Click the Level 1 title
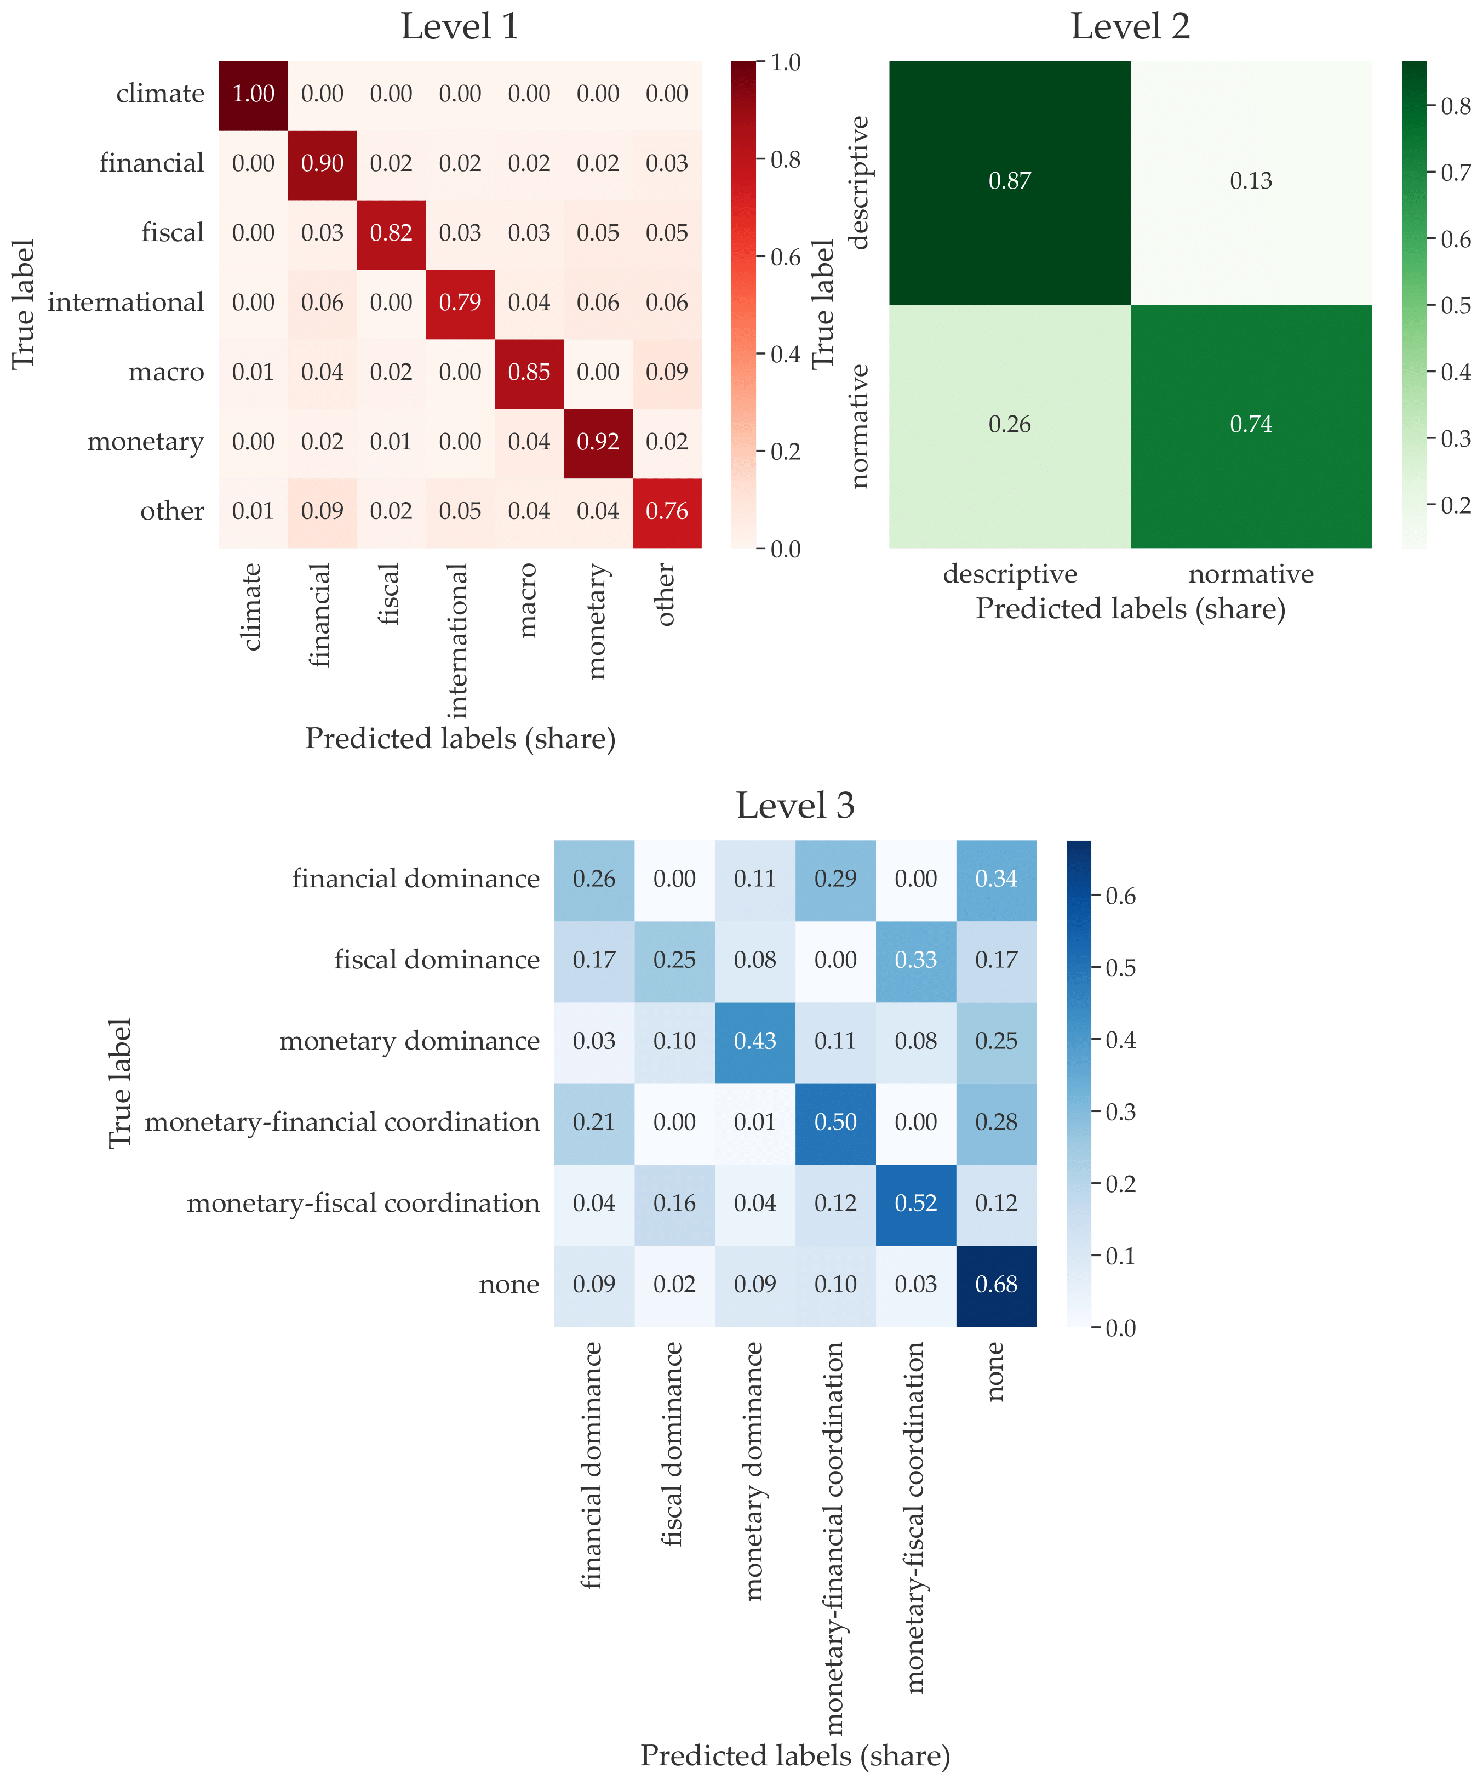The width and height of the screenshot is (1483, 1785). click(x=460, y=26)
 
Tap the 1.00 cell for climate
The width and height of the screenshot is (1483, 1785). click(x=253, y=94)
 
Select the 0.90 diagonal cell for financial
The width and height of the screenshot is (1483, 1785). click(x=322, y=163)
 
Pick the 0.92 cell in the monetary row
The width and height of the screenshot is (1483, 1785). click(x=598, y=441)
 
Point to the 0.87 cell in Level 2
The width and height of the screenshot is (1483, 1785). click(x=1010, y=181)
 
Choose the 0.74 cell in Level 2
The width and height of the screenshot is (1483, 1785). click(x=1251, y=424)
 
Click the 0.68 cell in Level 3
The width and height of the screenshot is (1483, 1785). click(x=996, y=1284)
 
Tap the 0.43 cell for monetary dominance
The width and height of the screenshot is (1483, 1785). click(x=755, y=1041)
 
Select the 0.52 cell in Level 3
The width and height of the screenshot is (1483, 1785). click(x=915, y=1204)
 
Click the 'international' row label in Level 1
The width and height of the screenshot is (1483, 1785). click(x=126, y=303)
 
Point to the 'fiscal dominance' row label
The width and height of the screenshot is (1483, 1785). click(x=437, y=960)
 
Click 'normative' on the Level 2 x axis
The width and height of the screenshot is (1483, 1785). click(x=1251, y=574)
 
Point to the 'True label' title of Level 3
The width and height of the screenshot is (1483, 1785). click(x=120, y=1083)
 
